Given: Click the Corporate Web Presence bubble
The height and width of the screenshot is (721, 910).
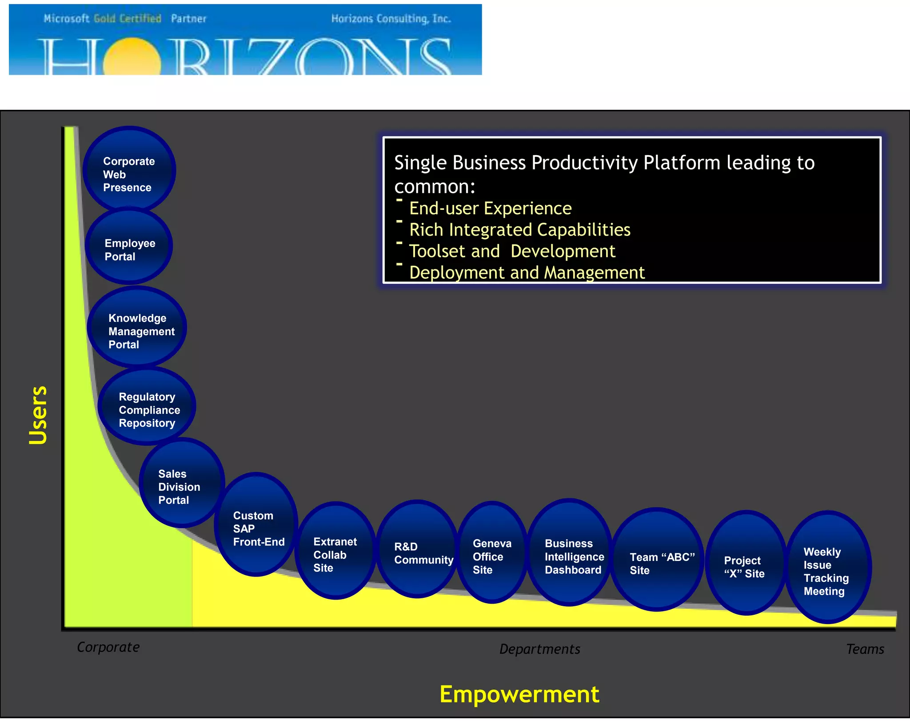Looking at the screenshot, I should pyautogui.click(x=129, y=170).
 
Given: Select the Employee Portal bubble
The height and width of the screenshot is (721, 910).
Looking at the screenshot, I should pyautogui.click(x=129, y=247).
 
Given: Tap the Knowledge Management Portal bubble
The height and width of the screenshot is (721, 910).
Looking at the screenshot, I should pyautogui.click(x=137, y=328).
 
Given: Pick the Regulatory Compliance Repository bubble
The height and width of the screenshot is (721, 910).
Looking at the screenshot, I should pyautogui.click(x=147, y=406).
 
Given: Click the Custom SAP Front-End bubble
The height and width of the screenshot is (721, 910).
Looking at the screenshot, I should pyautogui.click(x=256, y=525).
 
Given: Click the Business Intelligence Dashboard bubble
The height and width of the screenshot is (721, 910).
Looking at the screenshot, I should pyautogui.click(x=570, y=553).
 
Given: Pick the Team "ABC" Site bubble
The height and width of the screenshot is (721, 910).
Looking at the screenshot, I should pyautogui.click(x=657, y=560).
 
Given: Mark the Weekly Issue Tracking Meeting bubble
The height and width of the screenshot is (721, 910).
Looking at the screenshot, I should pyautogui.click(x=828, y=568).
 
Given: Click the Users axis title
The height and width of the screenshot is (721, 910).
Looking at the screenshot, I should pyautogui.click(x=38, y=415).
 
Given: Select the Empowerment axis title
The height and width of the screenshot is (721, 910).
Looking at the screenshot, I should pyautogui.click(x=519, y=694).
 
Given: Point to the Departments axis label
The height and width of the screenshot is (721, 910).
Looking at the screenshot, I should pyautogui.click(x=539, y=649).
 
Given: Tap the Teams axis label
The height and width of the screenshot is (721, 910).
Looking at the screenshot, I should pyautogui.click(x=865, y=649).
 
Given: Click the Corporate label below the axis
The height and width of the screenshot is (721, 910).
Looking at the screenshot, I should pyautogui.click(x=108, y=647).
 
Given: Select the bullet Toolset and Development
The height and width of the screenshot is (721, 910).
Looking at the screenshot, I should pyautogui.click(x=512, y=252).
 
